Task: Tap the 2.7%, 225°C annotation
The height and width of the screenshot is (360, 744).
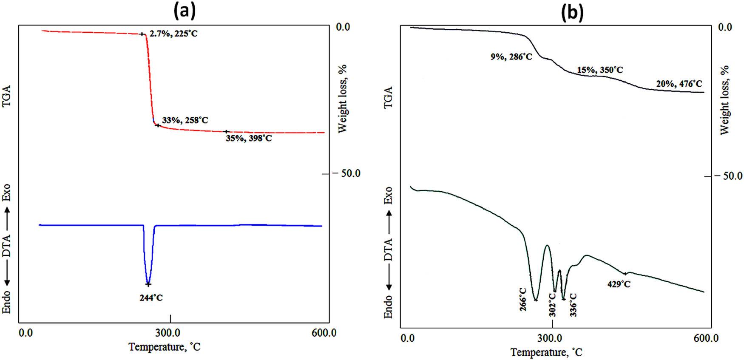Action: (173, 33)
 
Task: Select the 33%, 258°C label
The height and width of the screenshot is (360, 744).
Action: (185, 120)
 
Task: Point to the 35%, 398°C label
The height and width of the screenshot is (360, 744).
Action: (248, 138)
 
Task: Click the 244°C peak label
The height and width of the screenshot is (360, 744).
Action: (151, 298)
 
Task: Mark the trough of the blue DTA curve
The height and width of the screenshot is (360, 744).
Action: (148, 283)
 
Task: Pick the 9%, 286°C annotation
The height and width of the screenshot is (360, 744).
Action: (511, 56)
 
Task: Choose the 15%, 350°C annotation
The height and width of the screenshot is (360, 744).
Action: (599, 70)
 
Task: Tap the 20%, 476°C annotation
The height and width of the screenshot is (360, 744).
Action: (679, 84)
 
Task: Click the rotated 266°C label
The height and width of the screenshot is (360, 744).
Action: (523, 299)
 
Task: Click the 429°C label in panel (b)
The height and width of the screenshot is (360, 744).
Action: (619, 284)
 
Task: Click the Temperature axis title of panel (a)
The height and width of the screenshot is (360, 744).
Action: (165, 347)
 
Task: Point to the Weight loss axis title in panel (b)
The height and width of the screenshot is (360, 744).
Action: (724, 100)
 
